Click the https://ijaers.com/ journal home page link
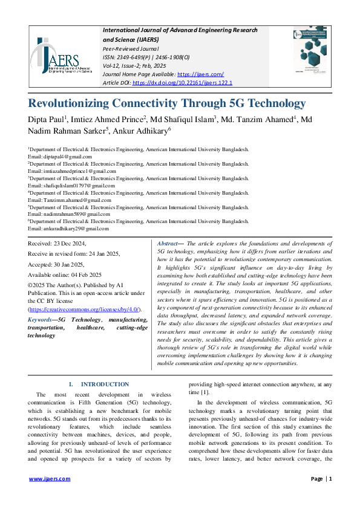pyautogui.click(x=208, y=74)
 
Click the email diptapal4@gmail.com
pyautogui.click(x=67, y=157)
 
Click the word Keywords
pyautogui.click(x=39, y=320)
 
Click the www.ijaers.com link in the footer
pyautogui.click(x=50, y=479)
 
